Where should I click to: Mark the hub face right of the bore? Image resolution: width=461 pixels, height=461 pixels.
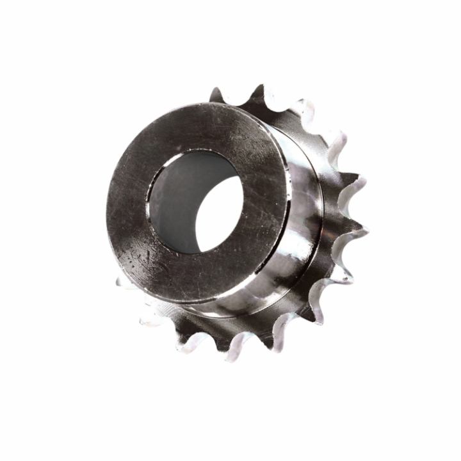click(x=269, y=192)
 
